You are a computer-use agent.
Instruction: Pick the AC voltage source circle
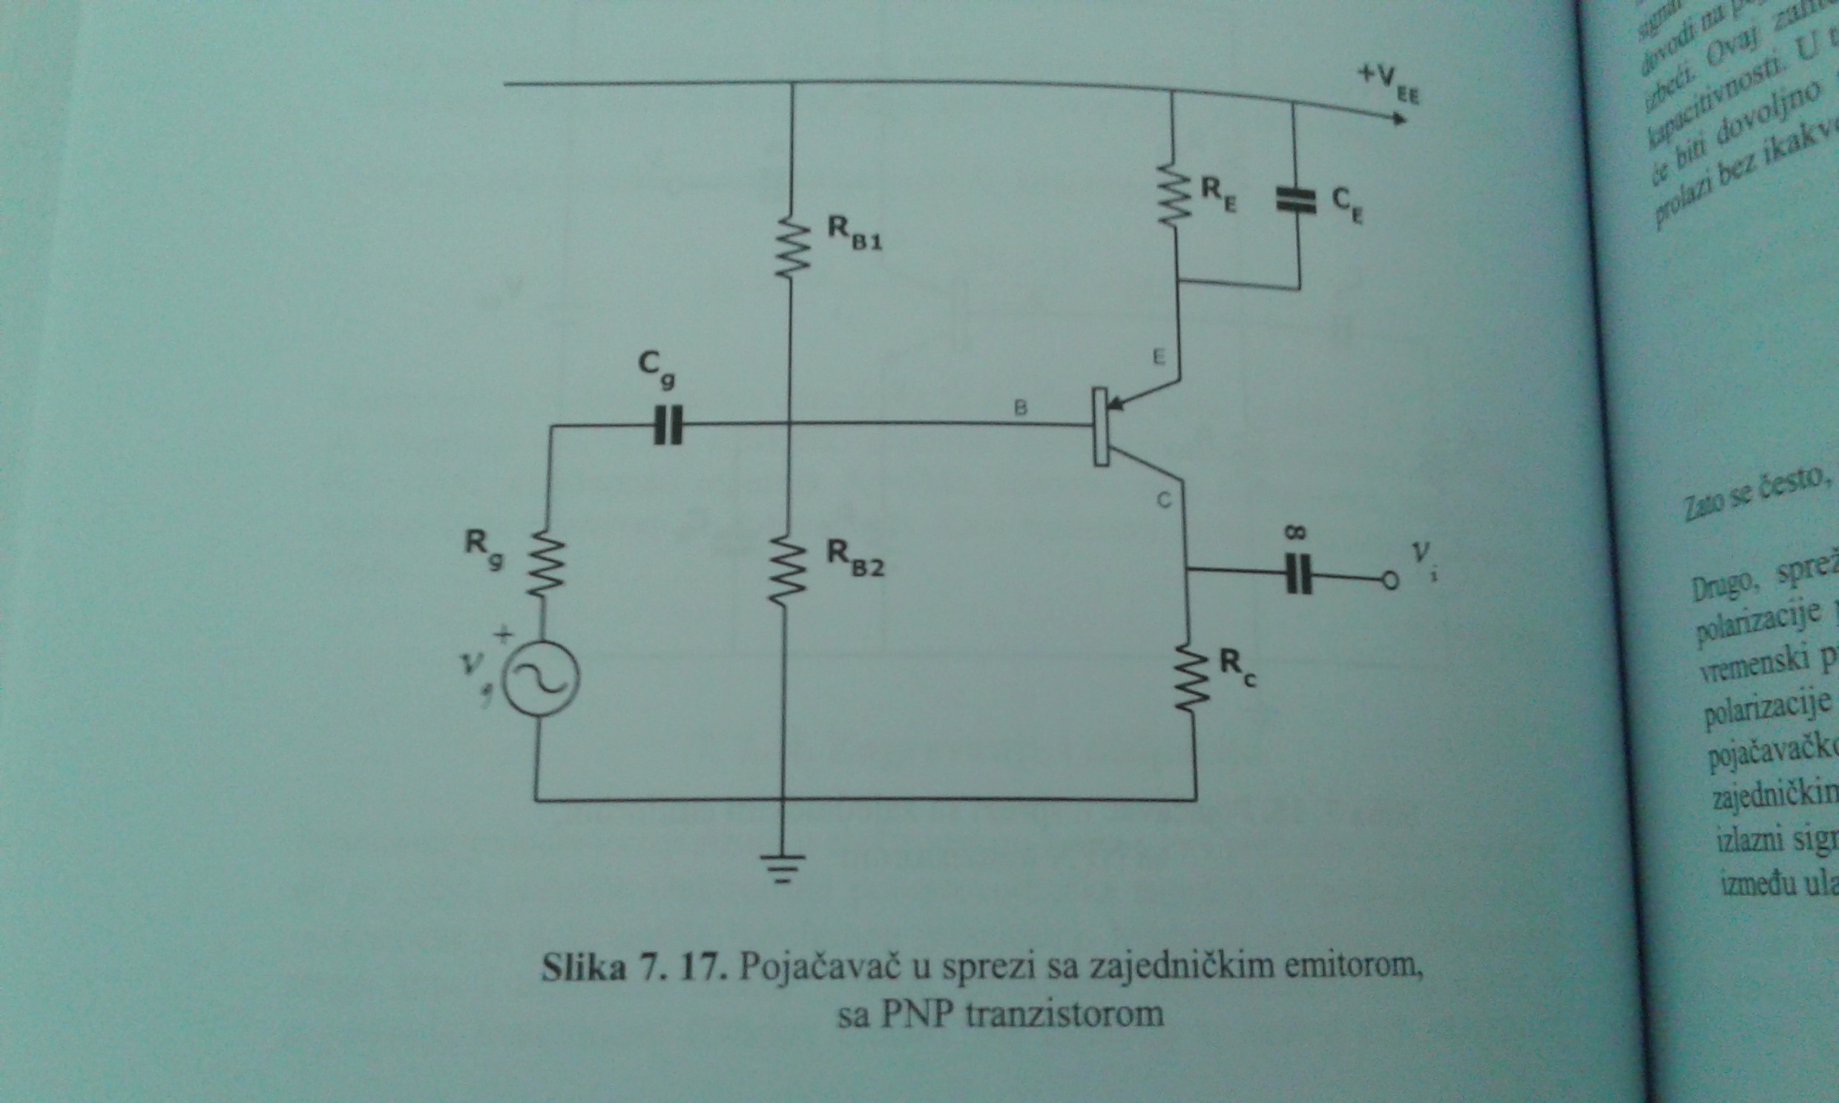pyautogui.click(x=540, y=678)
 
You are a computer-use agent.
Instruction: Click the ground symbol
pyautogui.click(x=782, y=868)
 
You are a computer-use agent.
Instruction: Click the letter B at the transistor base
pyautogui.click(x=1022, y=407)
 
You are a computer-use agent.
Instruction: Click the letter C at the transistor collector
pyautogui.click(x=1164, y=501)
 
